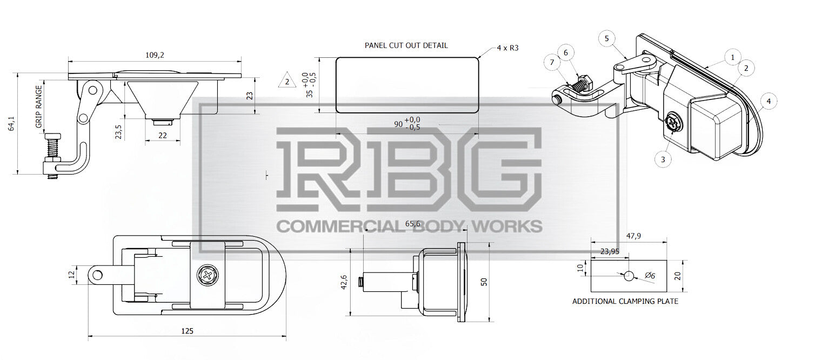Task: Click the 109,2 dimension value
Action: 155,55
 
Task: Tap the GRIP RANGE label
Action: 38,106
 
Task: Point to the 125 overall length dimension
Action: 187,331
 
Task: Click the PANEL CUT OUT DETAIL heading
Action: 406,45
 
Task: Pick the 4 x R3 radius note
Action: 507,48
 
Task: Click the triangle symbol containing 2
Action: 287,80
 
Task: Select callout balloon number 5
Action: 606,38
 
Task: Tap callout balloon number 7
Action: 552,63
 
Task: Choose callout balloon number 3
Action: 663,159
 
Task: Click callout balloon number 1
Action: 732,57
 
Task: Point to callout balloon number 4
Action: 769,101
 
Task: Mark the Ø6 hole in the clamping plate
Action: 629,276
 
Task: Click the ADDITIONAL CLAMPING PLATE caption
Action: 625,302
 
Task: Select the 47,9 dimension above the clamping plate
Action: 633,236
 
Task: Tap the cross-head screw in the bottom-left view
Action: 209,276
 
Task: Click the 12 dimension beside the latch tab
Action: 72,275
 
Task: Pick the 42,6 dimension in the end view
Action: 344,283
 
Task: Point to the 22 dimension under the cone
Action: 162,136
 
